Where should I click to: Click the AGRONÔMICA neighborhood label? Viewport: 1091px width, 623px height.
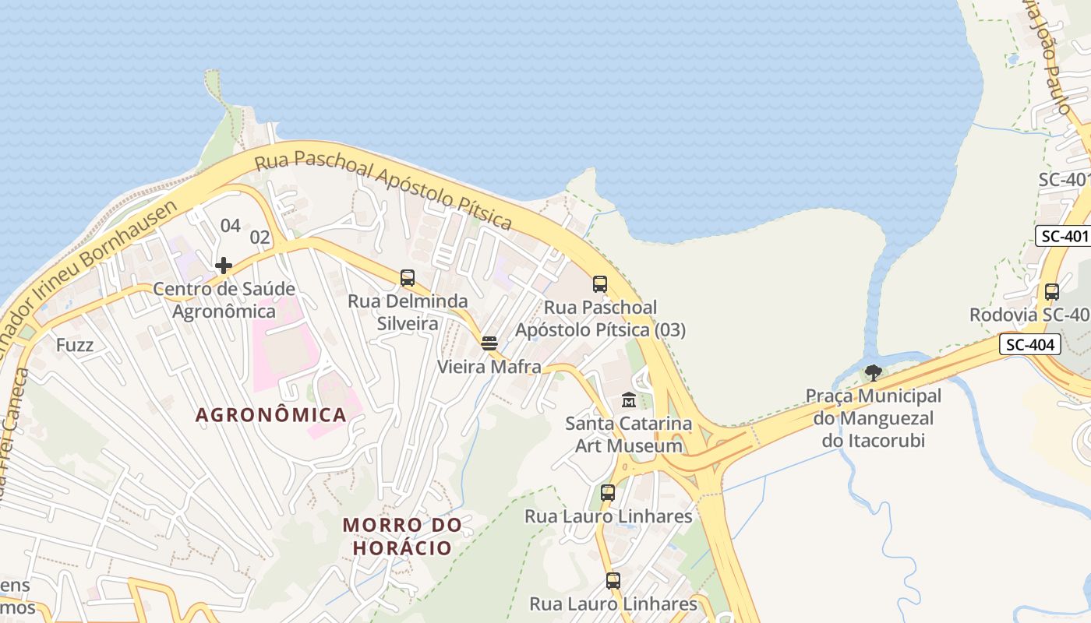click(270, 414)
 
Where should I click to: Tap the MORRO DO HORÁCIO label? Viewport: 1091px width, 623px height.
click(402, 537)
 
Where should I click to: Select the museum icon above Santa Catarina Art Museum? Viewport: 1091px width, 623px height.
click(628, 401)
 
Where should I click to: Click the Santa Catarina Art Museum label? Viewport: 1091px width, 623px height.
click(628, 435)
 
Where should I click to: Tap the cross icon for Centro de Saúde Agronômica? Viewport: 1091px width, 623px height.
click(224, 266)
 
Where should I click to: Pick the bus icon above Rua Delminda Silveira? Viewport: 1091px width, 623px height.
click(407, 278)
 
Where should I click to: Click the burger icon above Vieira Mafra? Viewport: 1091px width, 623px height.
click(489, 343)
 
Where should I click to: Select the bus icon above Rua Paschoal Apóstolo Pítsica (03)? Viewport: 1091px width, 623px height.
click(599, 284)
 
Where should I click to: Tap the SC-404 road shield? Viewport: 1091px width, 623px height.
click(1030, 344)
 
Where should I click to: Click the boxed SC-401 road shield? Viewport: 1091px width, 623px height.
click(1063, 236)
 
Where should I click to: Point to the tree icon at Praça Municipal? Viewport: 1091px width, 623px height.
click(874, 372)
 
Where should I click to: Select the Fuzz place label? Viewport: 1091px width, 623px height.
click(75, 344)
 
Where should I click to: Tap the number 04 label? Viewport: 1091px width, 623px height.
click(230, 226)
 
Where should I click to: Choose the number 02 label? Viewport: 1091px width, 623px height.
click(260, 238)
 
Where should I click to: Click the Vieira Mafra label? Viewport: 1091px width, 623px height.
click(489, 367)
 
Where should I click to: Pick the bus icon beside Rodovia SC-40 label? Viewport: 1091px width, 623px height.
click(1051, 292)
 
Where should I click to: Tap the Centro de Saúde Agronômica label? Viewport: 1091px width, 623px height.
click(224, 300)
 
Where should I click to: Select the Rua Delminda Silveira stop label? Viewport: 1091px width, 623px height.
click(408, 311)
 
